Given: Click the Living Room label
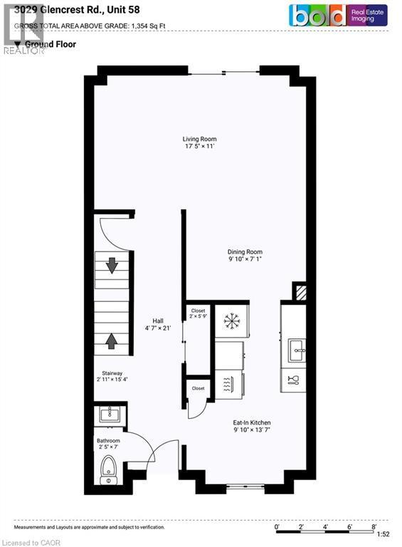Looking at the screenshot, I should (199, 142).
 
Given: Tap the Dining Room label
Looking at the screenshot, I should (245, 256).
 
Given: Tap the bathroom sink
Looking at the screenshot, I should (110, 414).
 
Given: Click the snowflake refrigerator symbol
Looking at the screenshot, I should (231, 321).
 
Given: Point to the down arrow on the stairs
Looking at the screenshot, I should (112, 265).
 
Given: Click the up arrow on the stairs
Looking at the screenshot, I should (112, 340).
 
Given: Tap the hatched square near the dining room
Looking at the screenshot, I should (300, 292).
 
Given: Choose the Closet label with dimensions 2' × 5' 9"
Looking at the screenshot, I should (198, 314).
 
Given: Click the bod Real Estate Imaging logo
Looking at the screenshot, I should (337, 15).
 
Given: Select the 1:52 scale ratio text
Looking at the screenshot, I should (382, 534).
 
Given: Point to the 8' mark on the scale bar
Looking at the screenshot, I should (374, 526).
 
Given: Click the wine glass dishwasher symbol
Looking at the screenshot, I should (292, 380).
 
